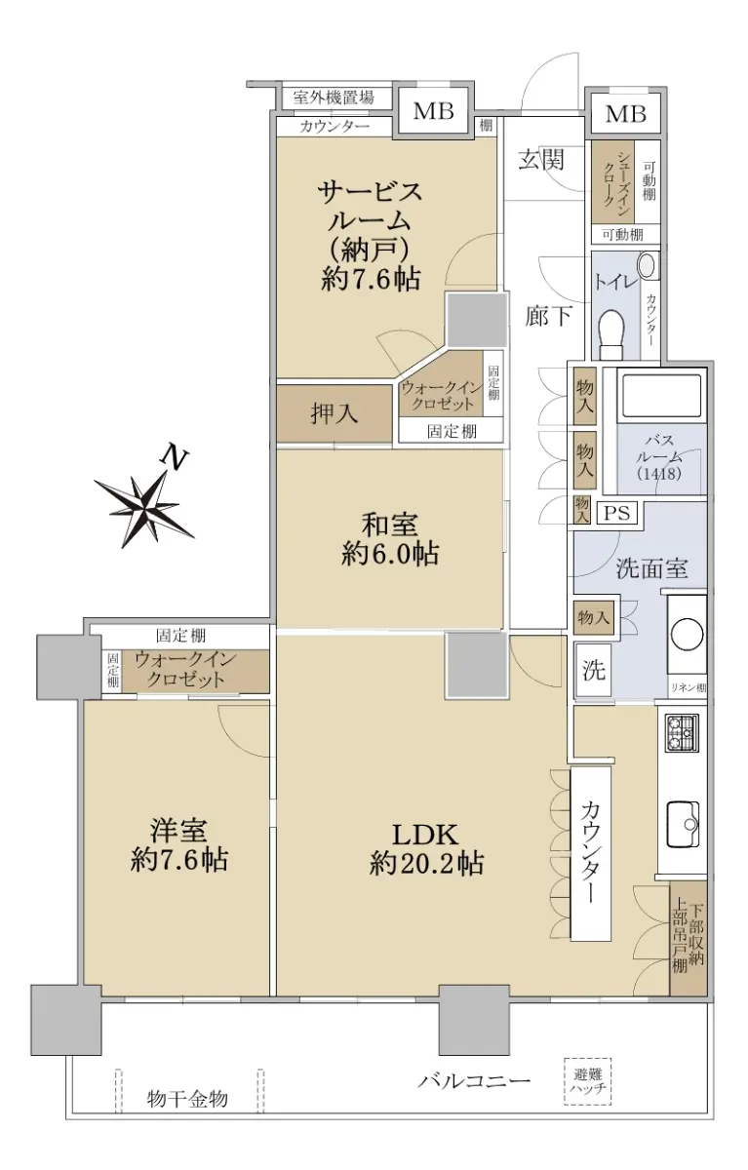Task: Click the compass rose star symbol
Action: tap(142, 506)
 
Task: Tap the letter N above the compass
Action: tap(174, 458)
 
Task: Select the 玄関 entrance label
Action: tap(541, 159)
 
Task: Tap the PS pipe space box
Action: tap(617, 512)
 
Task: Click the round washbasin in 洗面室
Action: tap(687, 635)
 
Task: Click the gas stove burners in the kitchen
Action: tap(682, 733)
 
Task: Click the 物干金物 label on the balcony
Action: tap(187, 1098)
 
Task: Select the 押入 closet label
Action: tap(334, 413)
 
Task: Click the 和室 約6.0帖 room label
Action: tap(390, 539)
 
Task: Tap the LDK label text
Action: tap(425, 835)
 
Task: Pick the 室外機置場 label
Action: tap(334, 97)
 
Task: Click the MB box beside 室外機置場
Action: tap(433, 111)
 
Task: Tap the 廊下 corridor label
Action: tap(548, 316)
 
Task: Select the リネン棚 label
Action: tap(689, 688)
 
